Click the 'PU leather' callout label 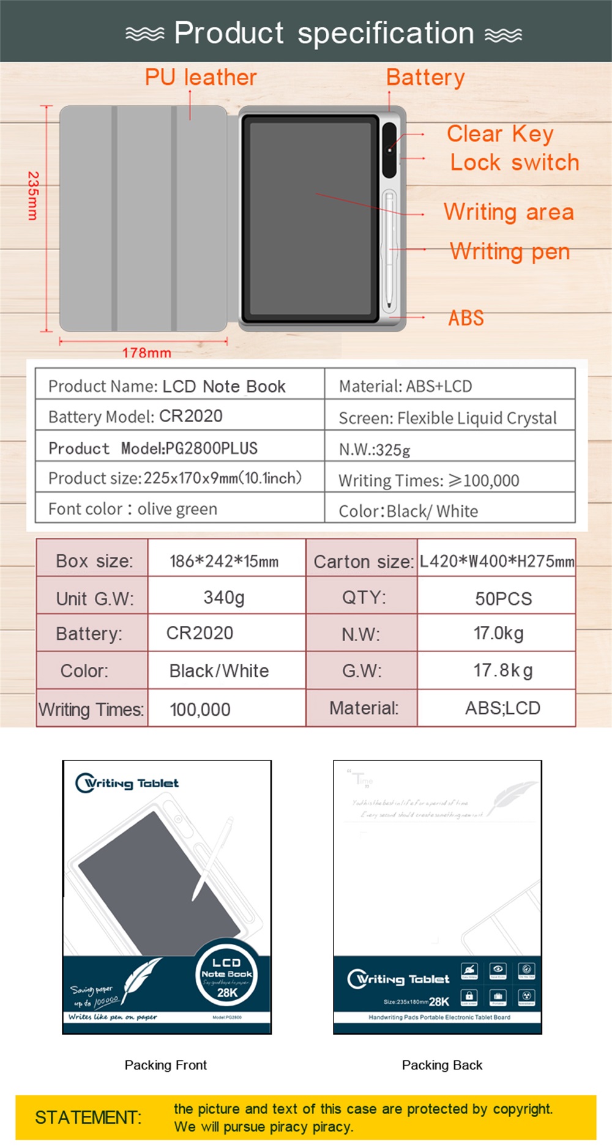coord(201,78)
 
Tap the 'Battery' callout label coord(425,78)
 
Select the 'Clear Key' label coord(500,133)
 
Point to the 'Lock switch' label coord(514,163)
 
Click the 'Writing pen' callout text coord(510,251)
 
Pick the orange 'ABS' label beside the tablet coord(466,318)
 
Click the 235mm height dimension coord(33,195)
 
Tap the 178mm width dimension coord(146,352)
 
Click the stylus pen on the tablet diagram coord(389,251)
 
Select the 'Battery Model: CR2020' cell coord(135,417)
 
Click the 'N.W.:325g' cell coord(375,450)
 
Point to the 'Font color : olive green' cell coord(133,509)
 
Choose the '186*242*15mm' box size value coord(224,561)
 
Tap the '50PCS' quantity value coord(503,598)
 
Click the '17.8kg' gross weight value coord(502,670)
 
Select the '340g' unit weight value coord(224,597)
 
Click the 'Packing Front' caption coord(166,1065)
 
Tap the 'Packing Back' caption coord(442,1065)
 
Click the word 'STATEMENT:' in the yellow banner coord(88,1118)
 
